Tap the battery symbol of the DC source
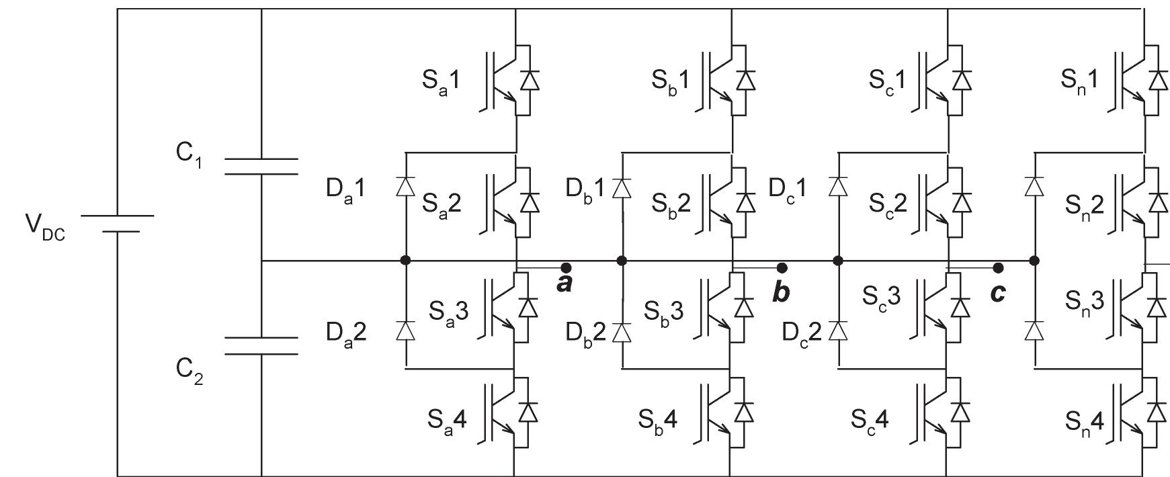pyautogui.click(x=118, y=224)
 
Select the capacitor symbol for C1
pyautogui.click(x=261, y=166)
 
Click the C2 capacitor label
pyautogui.click(x=190, y=372)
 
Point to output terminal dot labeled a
pyautogui.click(x=566, y=267)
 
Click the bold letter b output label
pyautogui.click(x=781, y=292)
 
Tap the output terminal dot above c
pyautogui.click(x=998, y=267)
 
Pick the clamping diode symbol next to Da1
pyautogui.click(x=405, y=186)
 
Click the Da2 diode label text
pyautogui.click(x=347, y=333)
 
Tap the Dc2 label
pyautogui.click(x=802, y=333)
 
